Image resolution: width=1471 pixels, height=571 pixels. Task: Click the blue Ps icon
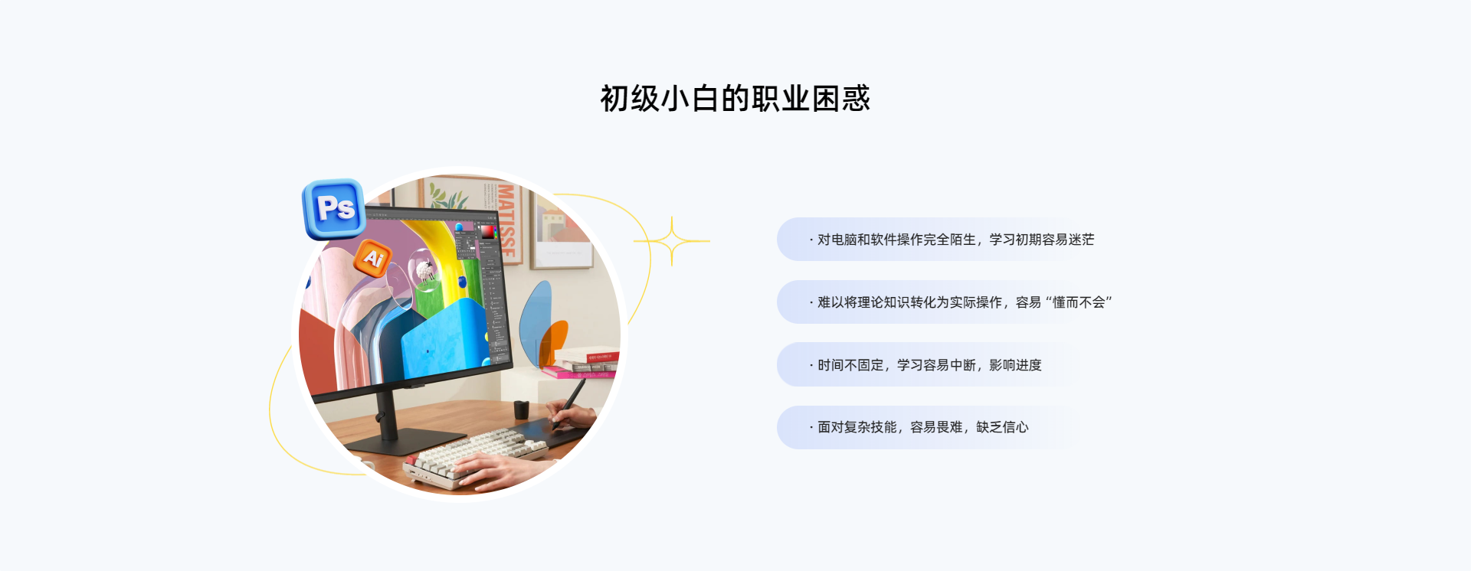pyautogui.click(x=334, y=208)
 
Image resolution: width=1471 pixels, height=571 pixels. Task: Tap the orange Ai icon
pyautogui.click(x=373, y=259)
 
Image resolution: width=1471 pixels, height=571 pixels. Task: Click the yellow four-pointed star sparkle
pyautogui.click(x=672, y=241)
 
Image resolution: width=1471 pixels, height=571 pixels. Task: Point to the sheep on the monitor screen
pyautogui.click(x=424, y=271)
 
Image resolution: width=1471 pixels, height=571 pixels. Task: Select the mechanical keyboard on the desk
pyautogui.click(x=475, y=456)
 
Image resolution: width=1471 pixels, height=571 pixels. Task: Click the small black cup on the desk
pyautogui.click(x=522, y=409)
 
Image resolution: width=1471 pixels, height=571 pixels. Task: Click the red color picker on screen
pyautogui.click(x=487, y=231)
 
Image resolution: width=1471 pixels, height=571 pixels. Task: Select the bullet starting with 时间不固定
pyautogui.click(x=926, y=365)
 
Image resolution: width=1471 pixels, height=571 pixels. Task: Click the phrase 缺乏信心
pyautogui.click(x=1002, y=427)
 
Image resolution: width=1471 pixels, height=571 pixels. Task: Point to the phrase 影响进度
pyautogui.click(x=1015, y=365)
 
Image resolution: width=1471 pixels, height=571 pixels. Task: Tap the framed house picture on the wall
pyautogui.click(x=562, y=230)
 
